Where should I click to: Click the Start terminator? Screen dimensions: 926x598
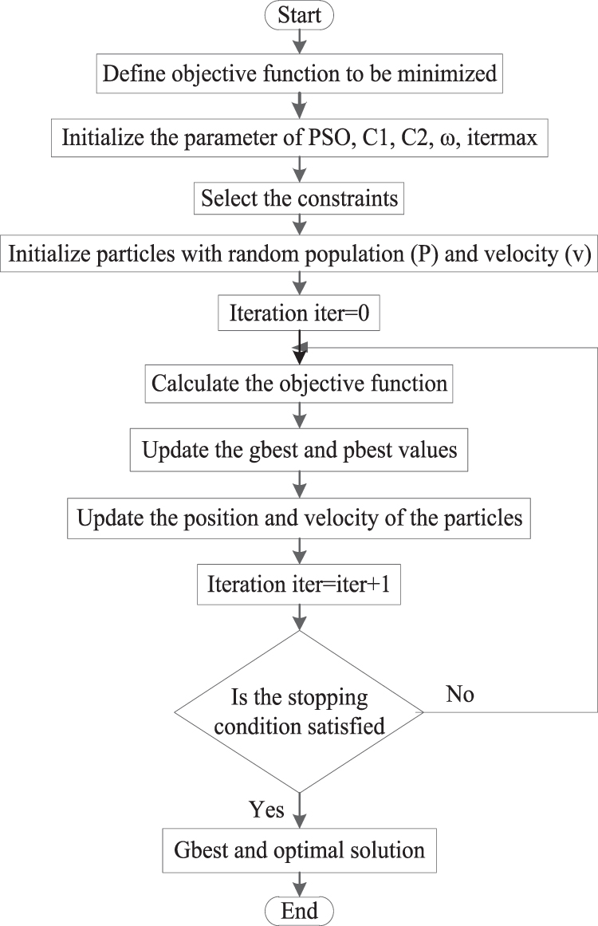click(x=300, y=16)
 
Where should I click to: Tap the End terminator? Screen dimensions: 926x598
click(x=300, y=910)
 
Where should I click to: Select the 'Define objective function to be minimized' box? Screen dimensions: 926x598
click(x=300, y=74)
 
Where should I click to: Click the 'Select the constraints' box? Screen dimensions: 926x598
click(x=300, y=198)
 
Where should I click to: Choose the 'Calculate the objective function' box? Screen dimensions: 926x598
click(x=300, y=384)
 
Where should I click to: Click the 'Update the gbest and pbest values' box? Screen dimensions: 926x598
click(x=300, y=451)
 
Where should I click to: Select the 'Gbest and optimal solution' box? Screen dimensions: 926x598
click(x=300, y=849)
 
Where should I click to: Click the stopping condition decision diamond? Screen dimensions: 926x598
click(x=300, y=711)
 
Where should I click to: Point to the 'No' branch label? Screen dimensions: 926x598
click(x=460, y=695)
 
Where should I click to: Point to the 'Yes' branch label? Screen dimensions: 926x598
click(x=266, y=810)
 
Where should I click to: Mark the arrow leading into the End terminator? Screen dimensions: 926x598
click(x=300, y=883)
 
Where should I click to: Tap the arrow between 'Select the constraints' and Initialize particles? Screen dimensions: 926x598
click(x=300, y=227)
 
